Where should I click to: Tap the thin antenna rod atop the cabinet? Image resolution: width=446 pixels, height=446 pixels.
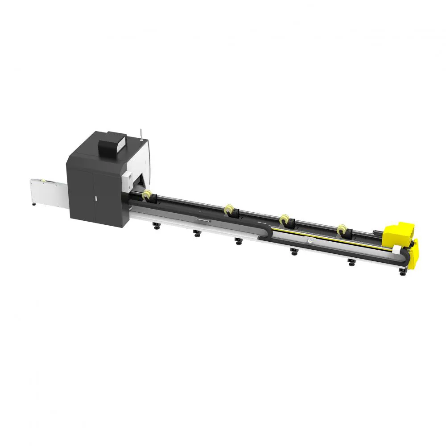pyautogui.click(x=139, y=133)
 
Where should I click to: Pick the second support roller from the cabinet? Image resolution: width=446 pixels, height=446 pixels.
pyautogui.click(x=229, y=209)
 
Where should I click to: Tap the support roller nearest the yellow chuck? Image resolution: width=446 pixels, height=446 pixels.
pyautogui.click(x=342, y=229)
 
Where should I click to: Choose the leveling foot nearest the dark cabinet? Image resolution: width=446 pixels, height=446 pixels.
pyautogui.click(x=156, y=226)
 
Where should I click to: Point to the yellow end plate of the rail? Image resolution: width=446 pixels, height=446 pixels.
pyautogui.click(x=414, y=254)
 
